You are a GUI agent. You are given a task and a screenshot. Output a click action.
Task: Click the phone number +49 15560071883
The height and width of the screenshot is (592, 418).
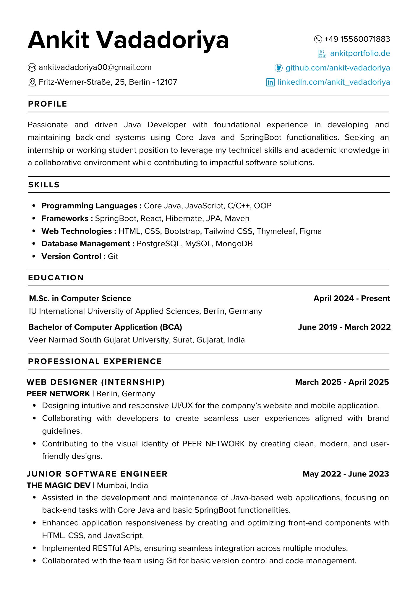[357, 39]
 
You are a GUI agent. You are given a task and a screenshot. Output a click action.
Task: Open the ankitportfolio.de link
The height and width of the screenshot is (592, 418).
[360, 54]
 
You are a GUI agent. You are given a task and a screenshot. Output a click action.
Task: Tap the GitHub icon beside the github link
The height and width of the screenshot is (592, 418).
[278, 68]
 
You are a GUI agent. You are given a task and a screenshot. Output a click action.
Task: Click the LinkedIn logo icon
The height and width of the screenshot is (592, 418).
[270, 82]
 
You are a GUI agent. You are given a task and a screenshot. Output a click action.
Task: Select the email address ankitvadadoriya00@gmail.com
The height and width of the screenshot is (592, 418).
[95, 67]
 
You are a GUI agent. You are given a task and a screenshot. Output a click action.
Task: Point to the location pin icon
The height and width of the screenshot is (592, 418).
[32, 82]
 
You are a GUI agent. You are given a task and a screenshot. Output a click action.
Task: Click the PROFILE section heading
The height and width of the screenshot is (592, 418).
[48, 104]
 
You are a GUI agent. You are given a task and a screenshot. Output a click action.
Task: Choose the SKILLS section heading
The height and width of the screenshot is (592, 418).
[44, 185]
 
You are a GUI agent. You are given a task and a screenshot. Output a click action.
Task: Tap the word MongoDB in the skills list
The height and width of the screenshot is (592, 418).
[234, 244]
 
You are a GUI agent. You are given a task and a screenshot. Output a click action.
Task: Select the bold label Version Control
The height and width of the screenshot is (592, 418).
[71, 257]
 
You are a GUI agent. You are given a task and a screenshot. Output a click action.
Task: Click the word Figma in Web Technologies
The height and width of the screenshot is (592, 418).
[310, 231]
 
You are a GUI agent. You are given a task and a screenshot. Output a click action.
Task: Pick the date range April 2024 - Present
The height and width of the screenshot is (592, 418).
[351, 298]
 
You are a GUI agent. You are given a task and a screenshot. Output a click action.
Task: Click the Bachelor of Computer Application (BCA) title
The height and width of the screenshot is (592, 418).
[105, 327]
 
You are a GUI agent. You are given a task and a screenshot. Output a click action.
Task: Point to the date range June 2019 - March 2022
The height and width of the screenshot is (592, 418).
[344, 327]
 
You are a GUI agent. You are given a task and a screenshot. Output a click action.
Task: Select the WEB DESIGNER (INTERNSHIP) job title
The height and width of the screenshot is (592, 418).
[96, 382]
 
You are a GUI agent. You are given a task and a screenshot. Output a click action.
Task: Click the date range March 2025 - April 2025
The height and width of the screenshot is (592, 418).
[342, 382]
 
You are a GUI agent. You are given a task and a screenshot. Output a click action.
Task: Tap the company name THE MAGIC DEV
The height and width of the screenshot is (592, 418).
[59, 486]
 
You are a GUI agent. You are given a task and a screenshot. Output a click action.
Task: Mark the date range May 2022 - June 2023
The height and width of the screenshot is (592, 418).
[346, 474]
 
